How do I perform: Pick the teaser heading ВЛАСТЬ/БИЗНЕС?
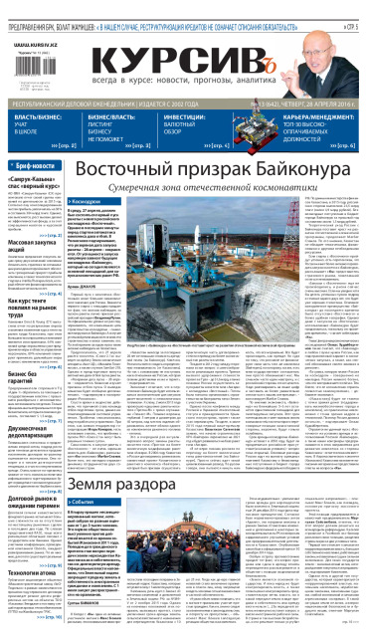click(35, 116)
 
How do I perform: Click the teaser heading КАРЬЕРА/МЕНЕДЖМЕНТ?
click(318, 116)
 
